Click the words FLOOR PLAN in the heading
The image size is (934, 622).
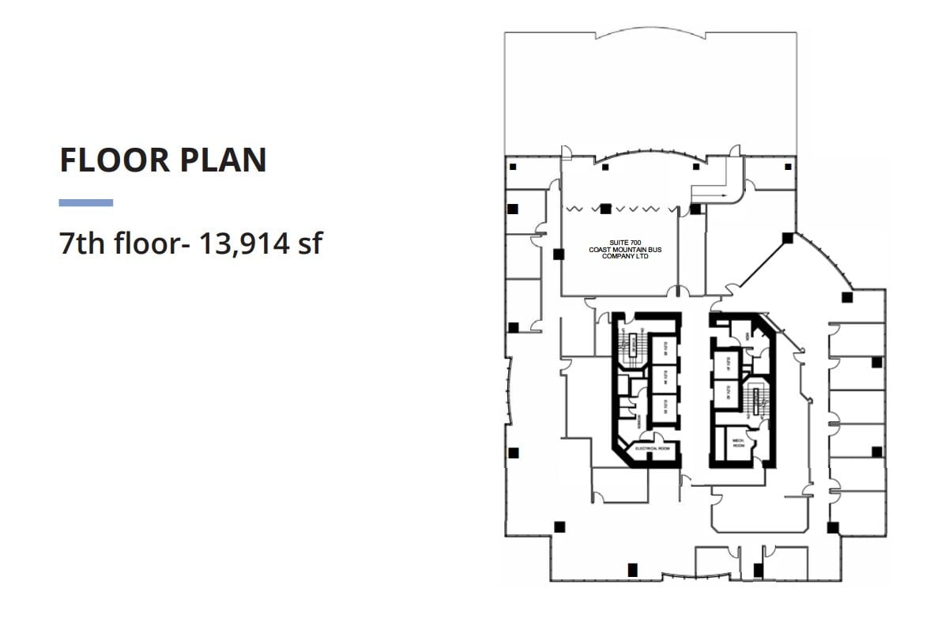point(163,160)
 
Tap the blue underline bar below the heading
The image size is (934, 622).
point(85,203)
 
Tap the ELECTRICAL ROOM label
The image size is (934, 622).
point(653,449)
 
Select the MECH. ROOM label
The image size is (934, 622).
point(739,443)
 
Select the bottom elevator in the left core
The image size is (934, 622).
point(665,409)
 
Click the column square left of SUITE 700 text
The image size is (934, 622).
point(559,254)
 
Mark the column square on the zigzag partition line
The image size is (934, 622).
point(605,209)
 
